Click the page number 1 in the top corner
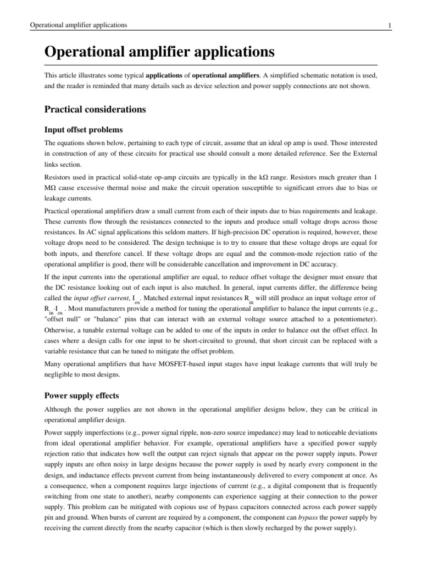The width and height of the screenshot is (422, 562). click(389, 25)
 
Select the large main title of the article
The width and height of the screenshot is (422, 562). click(159, 53)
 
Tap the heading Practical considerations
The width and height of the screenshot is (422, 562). click(95, 109)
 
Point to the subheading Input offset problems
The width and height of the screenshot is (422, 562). click(83, 130)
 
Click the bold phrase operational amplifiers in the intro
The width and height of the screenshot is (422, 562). click(219, 74)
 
